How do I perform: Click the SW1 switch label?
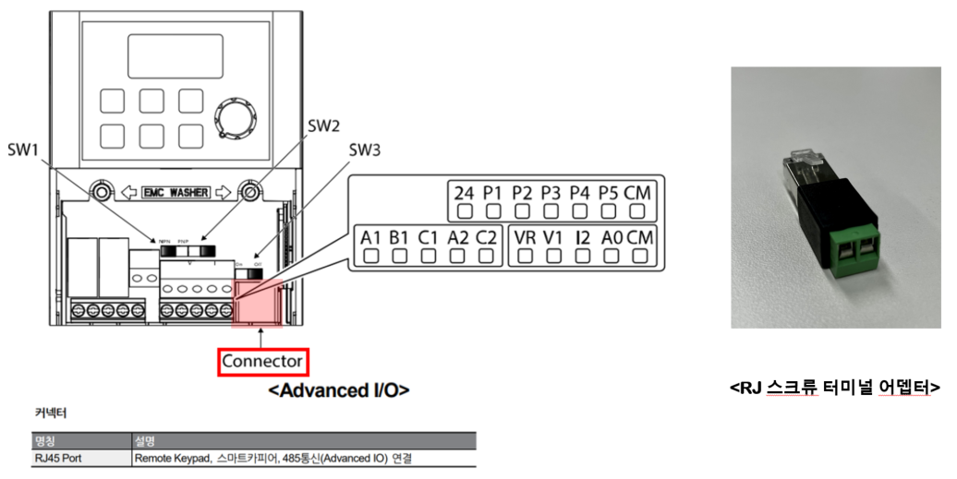26,150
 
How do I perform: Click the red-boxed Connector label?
263,361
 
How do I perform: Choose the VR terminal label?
525,237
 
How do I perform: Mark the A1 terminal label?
370,237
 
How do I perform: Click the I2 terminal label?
582,237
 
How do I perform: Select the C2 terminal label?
486,237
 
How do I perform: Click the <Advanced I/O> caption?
338,390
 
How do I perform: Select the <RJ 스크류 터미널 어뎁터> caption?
834,388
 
